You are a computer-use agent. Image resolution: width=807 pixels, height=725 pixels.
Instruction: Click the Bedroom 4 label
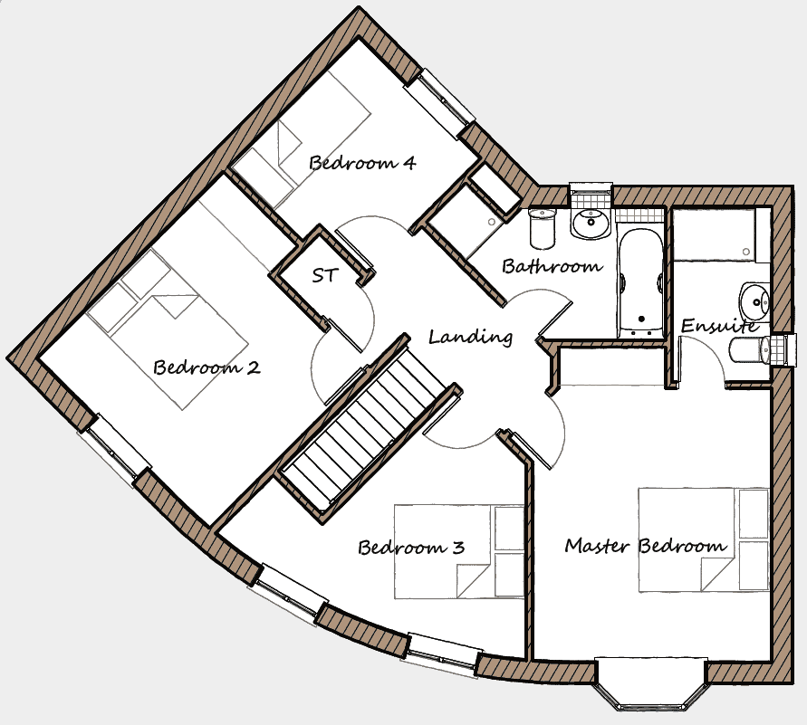pyautogui.click(x=362, y=163)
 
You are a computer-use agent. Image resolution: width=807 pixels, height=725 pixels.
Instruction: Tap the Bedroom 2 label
pyautogui.click(x=207, y=367)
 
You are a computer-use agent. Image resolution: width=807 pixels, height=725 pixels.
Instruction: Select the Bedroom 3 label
pyautogui.click(x=411, y=547)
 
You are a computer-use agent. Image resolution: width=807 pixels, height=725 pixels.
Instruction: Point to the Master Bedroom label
pyautogui.click(x=646, y=545)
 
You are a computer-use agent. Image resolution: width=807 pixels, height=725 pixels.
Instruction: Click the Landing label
pyautogui.click(x=470, y=337)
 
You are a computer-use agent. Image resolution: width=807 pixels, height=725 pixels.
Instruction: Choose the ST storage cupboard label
pyautogui.click(x=324, y=275)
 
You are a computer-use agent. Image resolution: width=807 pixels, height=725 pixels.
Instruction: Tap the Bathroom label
pyautogui.click(x=552, y=266)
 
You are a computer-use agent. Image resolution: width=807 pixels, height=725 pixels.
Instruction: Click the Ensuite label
pyautogui.click(x=719, y=326)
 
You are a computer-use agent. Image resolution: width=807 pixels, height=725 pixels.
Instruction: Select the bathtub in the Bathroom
pyautogui.click(x=641, y=283)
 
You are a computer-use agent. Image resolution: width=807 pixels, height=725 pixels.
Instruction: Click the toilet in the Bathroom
pyautogui.click(x=543, y=229)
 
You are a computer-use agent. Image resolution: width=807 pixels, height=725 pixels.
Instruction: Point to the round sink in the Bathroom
pyautogui.click(x=591, y=224)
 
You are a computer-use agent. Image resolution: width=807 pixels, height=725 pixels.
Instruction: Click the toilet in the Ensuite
pyautogui.click(x=749, y=350)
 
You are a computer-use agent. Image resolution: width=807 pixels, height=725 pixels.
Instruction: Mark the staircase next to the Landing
pyautogui.click(x=369, y=428)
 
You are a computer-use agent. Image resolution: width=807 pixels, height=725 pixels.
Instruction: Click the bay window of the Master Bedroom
pyautogui.click(x=651, y=684)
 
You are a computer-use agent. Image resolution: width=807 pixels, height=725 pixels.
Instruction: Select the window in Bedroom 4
pyautogui.click(x=439, y=104)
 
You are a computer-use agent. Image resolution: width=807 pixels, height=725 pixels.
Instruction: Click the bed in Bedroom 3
pyautogui.click(x=459, y=551)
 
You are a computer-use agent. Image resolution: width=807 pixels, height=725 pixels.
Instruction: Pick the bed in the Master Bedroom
pyautogui.click(x=704, y=539)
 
